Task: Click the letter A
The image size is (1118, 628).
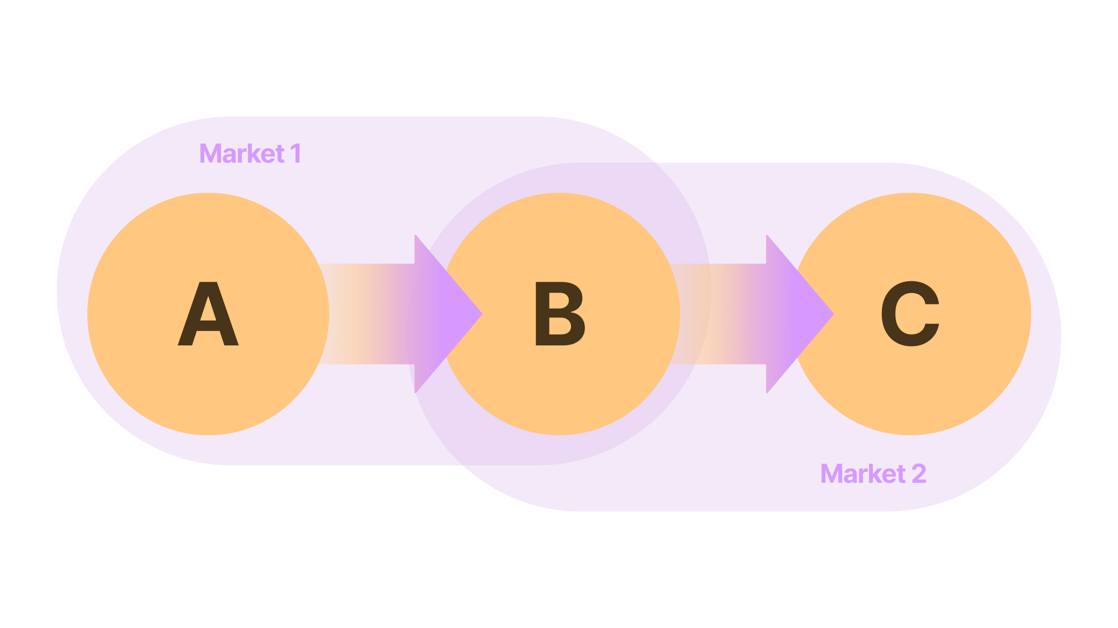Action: click(x=208, y=314)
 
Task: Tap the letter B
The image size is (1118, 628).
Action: click(x=560, y=314)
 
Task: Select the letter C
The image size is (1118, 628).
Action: click(x=910, y=314)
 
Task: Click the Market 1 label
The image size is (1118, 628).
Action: click(x=250, y=154)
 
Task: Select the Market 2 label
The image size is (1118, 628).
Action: click(x=873, y=474)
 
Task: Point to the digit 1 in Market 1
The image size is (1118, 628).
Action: click(x=296, y=154)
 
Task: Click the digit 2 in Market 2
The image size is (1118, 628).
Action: click(x=918, y=474)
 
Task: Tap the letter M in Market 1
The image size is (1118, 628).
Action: click(x=211, y=154)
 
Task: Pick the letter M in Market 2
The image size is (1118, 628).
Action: click(x=832, y=474)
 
